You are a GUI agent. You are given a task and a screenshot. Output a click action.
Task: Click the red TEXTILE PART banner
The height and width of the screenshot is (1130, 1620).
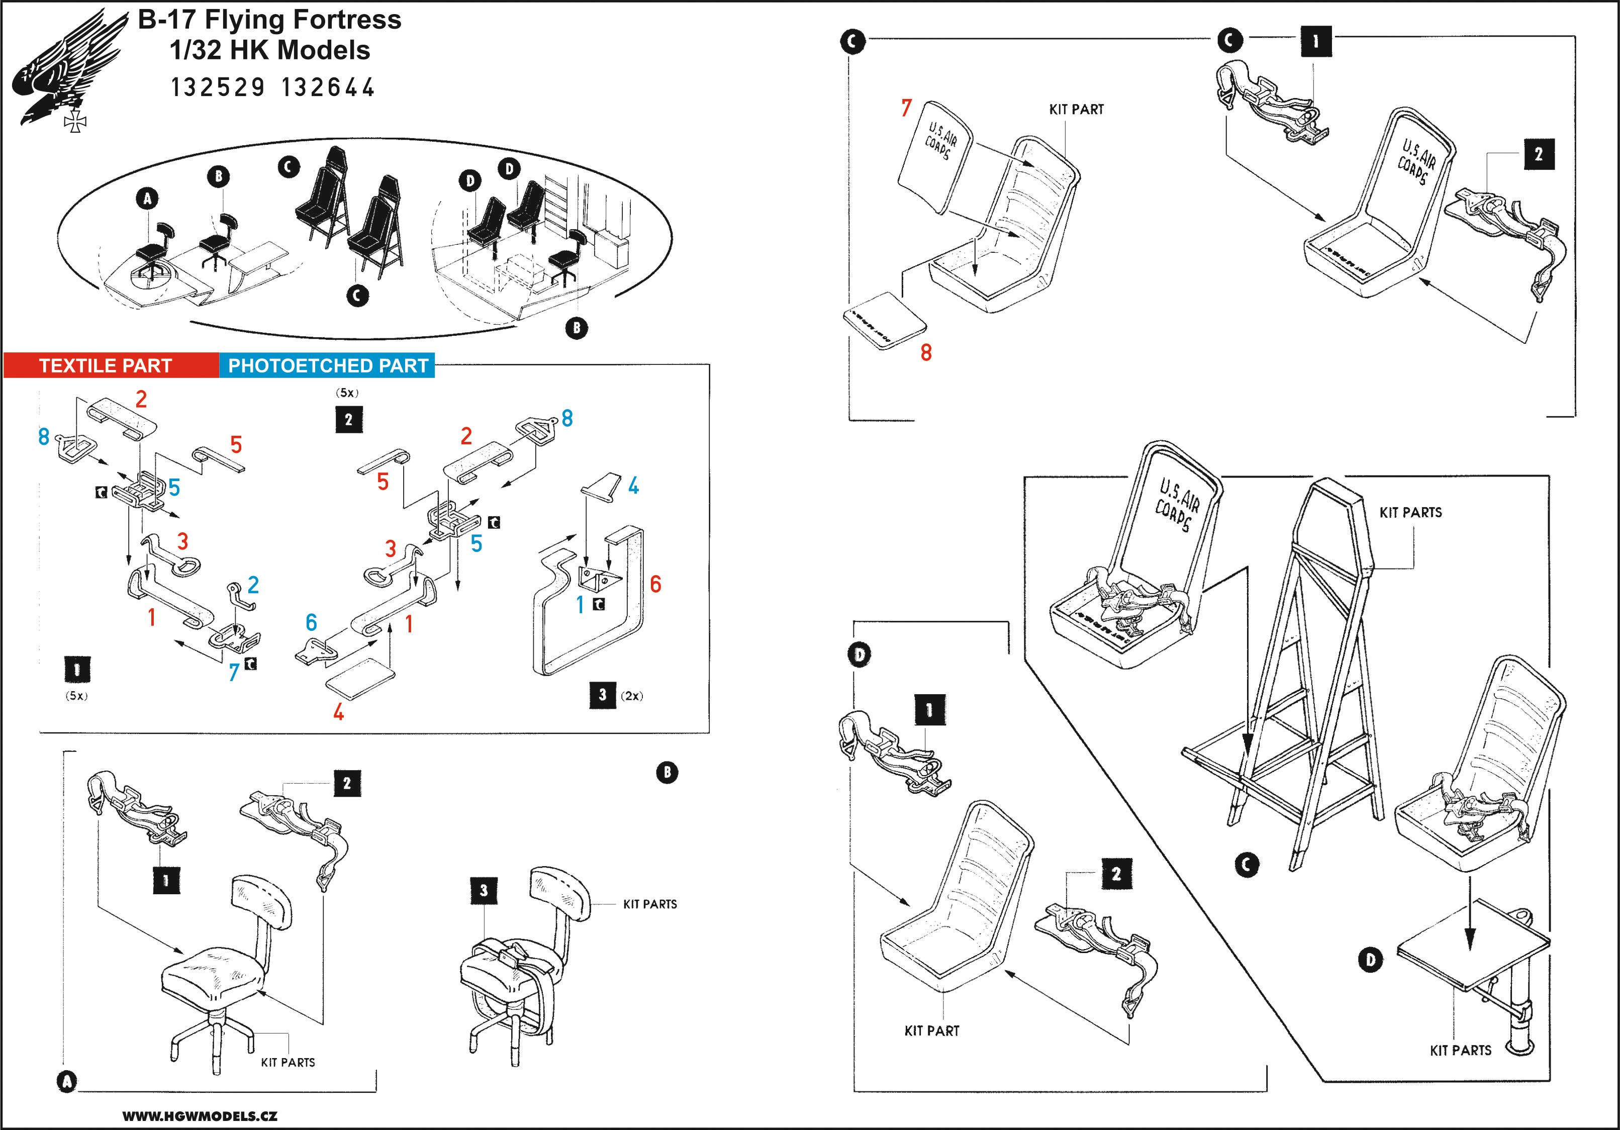(106, 365)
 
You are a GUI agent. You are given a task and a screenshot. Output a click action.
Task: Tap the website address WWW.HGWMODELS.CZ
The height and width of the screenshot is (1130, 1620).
(200, 1116)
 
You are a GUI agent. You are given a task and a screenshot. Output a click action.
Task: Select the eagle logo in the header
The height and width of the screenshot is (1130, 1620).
(67, 67)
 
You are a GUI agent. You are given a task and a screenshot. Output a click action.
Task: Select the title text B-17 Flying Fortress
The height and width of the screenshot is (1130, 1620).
(269, 20)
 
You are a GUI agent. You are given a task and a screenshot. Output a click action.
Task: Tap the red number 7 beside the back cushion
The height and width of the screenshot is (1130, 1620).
(907, 108)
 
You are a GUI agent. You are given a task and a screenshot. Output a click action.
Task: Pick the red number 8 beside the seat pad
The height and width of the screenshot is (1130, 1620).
(926, 352)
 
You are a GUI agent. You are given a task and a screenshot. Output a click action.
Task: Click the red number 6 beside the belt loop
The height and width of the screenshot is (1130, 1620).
(655, 584)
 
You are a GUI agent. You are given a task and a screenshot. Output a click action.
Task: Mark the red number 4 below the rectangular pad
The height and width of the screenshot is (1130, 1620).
(339, 712)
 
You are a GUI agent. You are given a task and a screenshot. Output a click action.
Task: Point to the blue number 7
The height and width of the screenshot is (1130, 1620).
(234, 673)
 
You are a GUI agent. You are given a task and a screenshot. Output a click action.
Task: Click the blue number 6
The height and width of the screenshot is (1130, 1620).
(311, 622)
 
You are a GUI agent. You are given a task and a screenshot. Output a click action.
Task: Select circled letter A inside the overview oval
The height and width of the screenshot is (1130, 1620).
(147, 199)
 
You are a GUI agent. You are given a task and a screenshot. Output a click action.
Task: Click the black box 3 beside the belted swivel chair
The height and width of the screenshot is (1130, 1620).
(484, 891)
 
